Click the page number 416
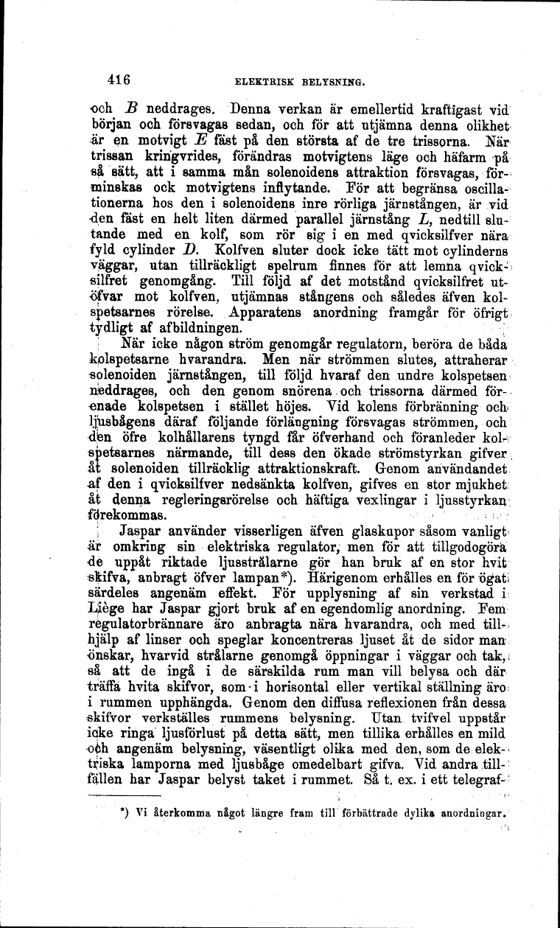(118, 80)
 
